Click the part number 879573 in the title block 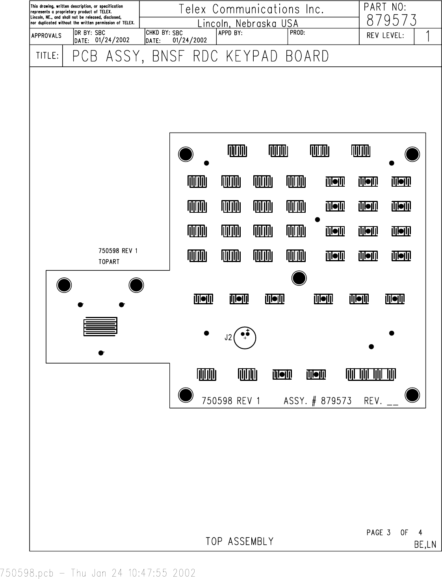[391, 20]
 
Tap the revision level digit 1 [427, 37]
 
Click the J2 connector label [228, 337]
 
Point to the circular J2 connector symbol [245, 337]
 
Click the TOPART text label [109, 262]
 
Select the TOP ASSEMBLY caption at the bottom [240, 542]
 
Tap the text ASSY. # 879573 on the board [318, 401]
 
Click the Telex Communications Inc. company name [251, 9]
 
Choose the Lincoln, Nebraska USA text [248, 24]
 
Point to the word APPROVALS [46, 36]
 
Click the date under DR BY [112, 40]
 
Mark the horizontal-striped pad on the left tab [100, 326]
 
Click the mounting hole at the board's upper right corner [412, 154]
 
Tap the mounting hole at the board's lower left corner [186, 395]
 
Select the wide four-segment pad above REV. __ [371, 374]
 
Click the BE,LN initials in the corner [425, 545]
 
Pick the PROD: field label [297, 33]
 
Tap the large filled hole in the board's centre [299, 278]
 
